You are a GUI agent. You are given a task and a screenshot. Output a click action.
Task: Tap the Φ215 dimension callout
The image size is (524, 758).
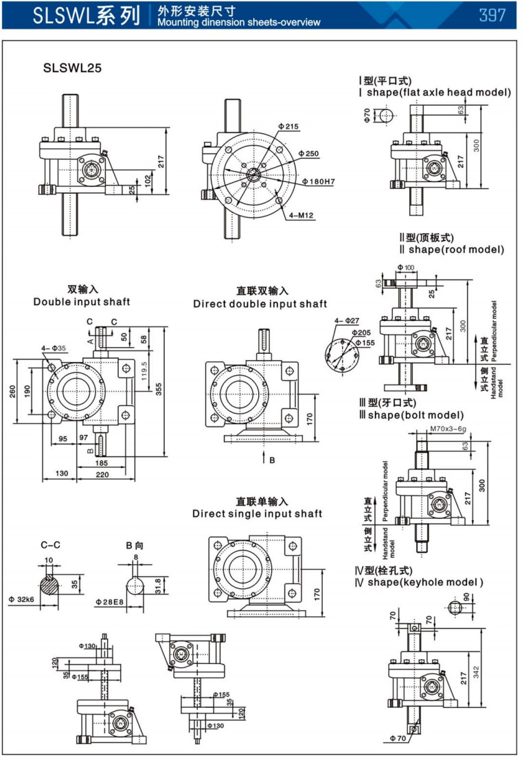(289, 126)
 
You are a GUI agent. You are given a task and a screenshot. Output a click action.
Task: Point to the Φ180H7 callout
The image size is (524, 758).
(318, 182)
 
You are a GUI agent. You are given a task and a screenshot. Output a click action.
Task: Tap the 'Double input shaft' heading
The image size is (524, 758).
(81, 302)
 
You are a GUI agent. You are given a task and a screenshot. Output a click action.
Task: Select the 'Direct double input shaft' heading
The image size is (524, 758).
(260, 304)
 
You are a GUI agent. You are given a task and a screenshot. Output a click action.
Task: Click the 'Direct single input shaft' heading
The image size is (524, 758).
(257, 513)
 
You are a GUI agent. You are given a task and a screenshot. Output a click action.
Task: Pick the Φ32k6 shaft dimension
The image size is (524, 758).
(21, 599)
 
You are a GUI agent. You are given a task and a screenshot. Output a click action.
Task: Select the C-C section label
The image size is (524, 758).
(50, 545)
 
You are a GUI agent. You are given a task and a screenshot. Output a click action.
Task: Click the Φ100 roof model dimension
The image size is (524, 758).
(406, 267)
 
